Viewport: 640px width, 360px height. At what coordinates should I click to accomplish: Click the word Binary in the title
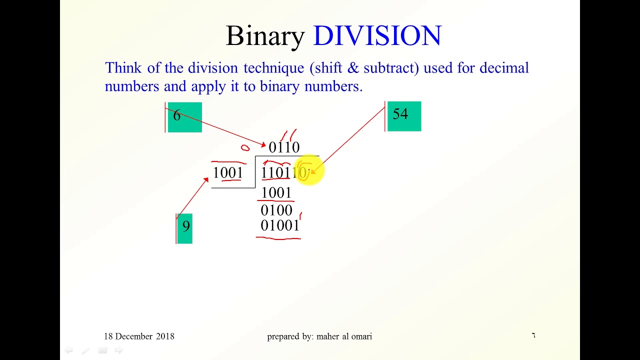[x=265, y=36]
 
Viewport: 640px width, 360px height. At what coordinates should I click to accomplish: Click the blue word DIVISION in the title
[x=377, y=36]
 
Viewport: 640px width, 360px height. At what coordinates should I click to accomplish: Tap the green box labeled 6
[x=184, y=117]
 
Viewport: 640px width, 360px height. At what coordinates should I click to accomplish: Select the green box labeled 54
[x=404, y=116]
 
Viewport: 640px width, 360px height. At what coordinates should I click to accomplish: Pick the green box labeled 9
[x=184, y=228]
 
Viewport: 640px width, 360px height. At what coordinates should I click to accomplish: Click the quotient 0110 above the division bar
[x=284, y=147]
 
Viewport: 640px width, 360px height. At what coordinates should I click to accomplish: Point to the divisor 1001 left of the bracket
[x=228, y=173]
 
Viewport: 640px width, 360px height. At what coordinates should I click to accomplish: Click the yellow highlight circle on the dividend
[x=309, y=170]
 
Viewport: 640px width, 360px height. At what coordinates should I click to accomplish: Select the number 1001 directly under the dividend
[x=276, y=193]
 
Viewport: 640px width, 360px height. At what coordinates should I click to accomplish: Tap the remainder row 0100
[x=276, y=210]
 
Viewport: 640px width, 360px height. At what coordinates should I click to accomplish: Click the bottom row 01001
[x=279, y=226]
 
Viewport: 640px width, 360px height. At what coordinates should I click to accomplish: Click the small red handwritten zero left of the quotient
[x=245, y=147]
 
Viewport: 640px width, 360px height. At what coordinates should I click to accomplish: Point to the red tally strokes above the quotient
[x=289, y=135]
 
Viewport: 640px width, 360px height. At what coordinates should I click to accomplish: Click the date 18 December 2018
[x=139, y=336]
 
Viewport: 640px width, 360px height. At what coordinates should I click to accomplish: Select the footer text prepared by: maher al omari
[x=319, y=336]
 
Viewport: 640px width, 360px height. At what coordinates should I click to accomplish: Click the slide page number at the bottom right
[x=533, y=335]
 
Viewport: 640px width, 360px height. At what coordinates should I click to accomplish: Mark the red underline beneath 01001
[x=278, y=238]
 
